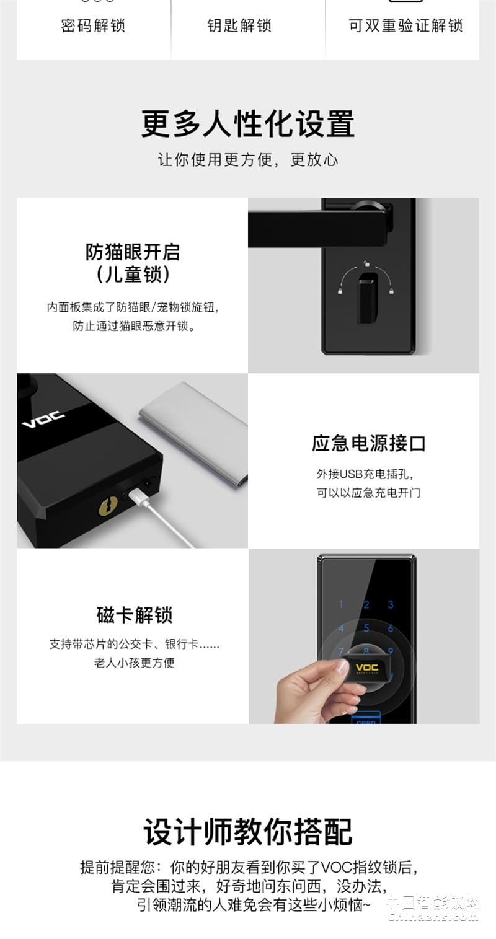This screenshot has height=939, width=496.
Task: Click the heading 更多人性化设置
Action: [x=248, y=123]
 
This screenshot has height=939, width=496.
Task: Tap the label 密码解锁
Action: [x=93, y=25]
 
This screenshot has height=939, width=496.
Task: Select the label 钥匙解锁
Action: [x=239, y=25]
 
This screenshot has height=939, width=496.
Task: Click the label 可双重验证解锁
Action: [x=405, y=25]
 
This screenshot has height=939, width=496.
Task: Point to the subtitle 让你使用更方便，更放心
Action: [x=248, y=159]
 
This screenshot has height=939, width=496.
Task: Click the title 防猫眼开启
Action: [x=133, y=252]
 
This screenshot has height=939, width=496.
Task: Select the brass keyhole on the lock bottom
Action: [x=108, y=507]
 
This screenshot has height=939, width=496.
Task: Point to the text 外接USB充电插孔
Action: [x=365, y=474]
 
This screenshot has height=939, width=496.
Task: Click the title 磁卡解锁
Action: [x=134, y=615]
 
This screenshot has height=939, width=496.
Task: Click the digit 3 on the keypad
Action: [x=391, y=604]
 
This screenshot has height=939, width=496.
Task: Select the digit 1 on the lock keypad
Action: [x=340, y=604]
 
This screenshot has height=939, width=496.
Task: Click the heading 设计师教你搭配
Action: [x=248, y=832]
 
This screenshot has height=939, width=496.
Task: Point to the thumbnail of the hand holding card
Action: [x=363, y=636]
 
